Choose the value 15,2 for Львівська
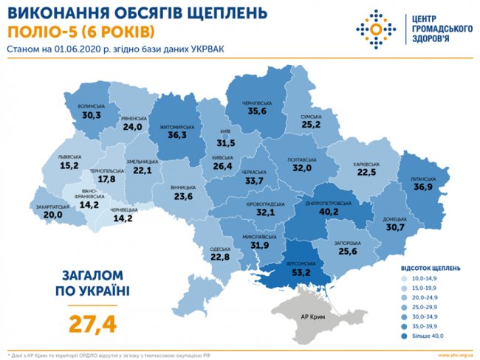click(71, 166)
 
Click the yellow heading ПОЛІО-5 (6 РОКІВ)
click(81, 31)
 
